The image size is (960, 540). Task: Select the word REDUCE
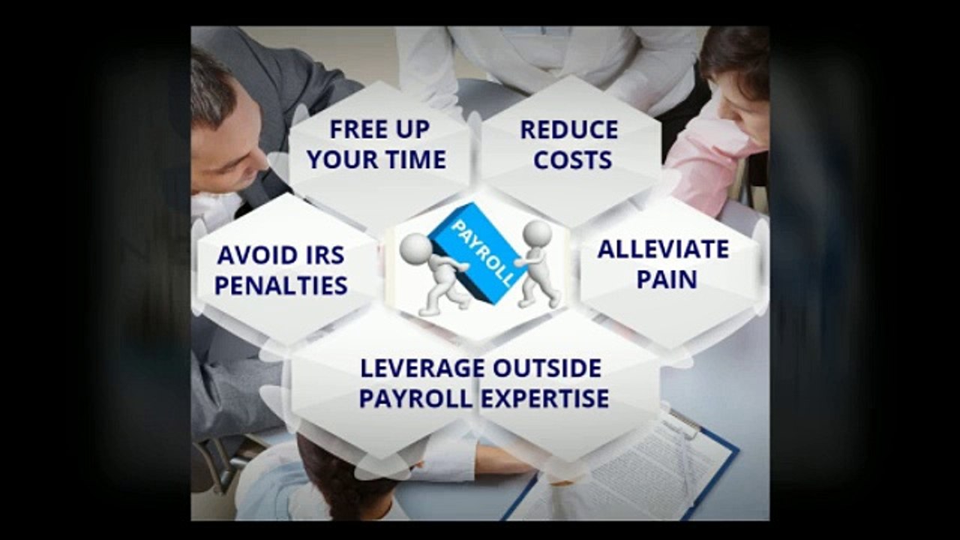pyautogui.click(x=569, y=129)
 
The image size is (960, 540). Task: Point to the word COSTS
pyautogui.click(x=573, y=159)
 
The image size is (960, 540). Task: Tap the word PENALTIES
pyautogui.click(x=280, y=285)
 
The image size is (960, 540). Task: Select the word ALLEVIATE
pyautogui.click(x=663, y=249)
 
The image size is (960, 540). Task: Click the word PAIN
pyautogui.click(x=667, y=279)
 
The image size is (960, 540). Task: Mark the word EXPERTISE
pyautogui.click(x=544, y=398)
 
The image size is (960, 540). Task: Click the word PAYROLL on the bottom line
pyautogui.click(x=415, y=398)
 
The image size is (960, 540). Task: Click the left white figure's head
pyautogui.click(x=415, y=248)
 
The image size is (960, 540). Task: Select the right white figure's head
pyautogui.click(x=537, y=233)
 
